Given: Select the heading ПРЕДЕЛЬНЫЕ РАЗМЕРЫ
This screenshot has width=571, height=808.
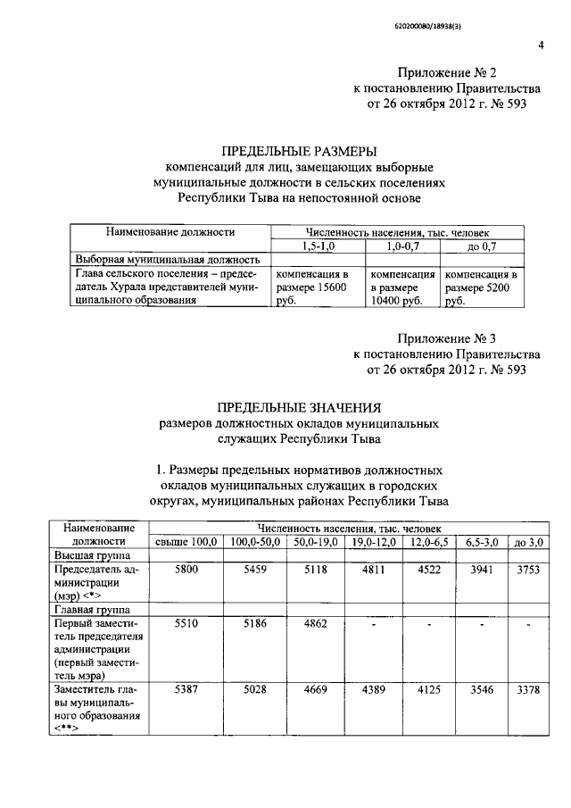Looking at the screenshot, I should point(298,150).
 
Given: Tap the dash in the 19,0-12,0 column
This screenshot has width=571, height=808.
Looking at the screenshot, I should point(374,626).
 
